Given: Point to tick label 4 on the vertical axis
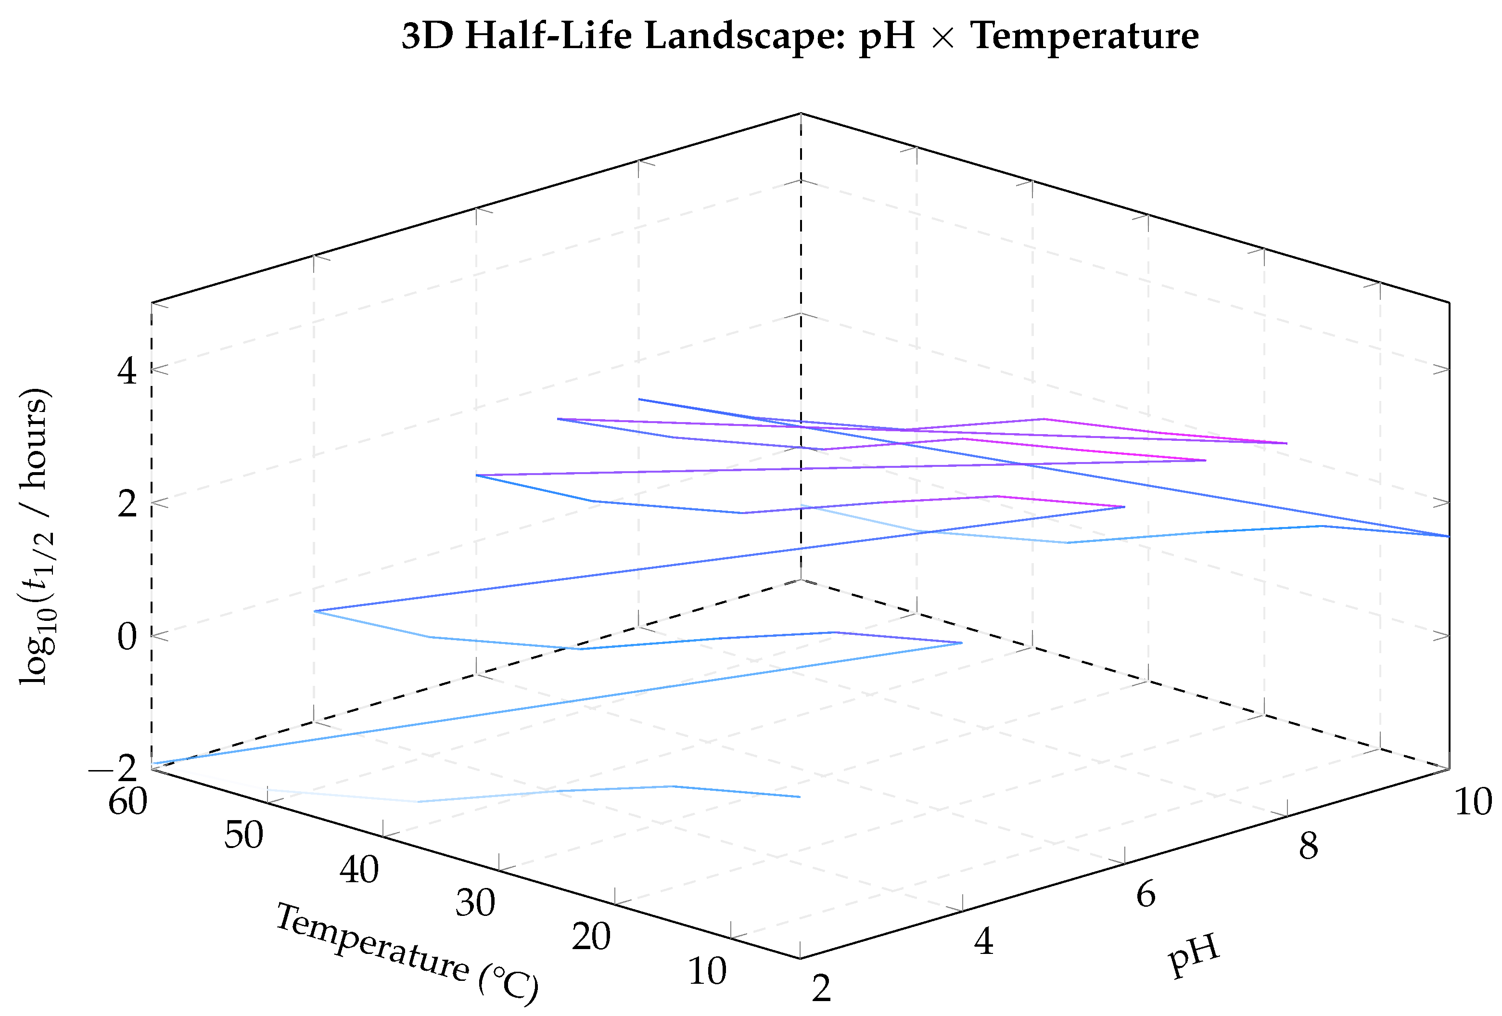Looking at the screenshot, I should tap(127, 371).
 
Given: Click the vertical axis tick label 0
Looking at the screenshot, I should tap(127, 636).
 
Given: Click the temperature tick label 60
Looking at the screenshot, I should tap(128, 802).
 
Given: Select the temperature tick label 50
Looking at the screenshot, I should tap(243, 835).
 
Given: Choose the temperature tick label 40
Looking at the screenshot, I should tap(359, 869).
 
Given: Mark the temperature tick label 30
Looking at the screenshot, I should tap(475, 903).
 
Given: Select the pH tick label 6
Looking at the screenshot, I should tap(1146, 894).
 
